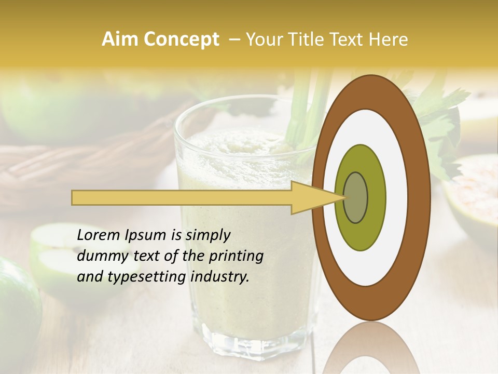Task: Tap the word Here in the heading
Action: (389, 39)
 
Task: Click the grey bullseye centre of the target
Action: (355, 198)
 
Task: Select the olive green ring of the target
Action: (361, 234)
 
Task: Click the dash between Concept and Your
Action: (234, 40)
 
